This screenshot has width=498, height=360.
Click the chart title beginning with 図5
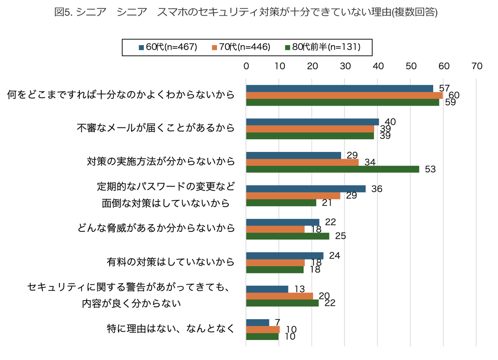pos(246,12)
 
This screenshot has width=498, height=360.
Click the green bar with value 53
pos(332,169)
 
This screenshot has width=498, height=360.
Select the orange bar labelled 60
pos(344,96)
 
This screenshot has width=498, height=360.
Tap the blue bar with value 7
pos(257,323)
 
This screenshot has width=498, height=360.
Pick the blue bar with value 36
pos(306,189)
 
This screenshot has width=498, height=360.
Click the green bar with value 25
pos(288,236)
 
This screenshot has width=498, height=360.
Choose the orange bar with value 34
pos(302,162)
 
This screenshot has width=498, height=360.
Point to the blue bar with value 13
pos(267,289)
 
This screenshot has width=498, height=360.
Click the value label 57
pos(444,88)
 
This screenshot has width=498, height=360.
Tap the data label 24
pos(334,256)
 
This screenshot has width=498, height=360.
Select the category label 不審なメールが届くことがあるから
pos(156,128)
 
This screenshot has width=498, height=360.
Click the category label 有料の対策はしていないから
pos(171,262)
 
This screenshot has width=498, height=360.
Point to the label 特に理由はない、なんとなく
pos(171,329)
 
